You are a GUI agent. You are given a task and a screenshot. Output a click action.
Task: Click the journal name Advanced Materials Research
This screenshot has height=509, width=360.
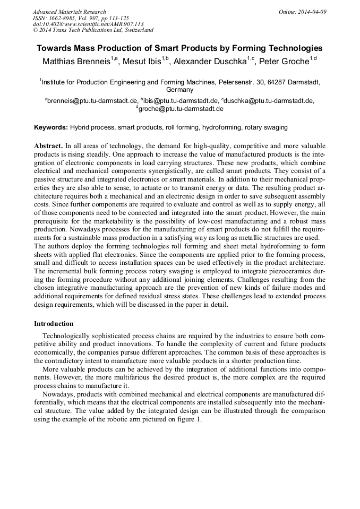tap(69, 12)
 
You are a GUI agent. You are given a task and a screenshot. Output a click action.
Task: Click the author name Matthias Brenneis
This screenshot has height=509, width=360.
tap(75, 62)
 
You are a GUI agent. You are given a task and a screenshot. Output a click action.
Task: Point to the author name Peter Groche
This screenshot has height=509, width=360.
tap(284, 62)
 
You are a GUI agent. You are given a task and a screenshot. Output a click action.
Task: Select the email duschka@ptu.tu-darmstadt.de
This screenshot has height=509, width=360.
tap(269, 100)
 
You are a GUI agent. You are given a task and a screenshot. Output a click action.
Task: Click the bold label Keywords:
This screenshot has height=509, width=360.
tap(51, 128)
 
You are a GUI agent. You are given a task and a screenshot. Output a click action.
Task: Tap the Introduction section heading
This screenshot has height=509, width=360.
tap(54, 323)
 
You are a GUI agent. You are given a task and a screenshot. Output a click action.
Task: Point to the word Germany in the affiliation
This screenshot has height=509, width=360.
tap(179, 90)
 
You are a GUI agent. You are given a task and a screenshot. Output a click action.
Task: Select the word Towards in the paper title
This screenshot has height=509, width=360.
tap(53, 48)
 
